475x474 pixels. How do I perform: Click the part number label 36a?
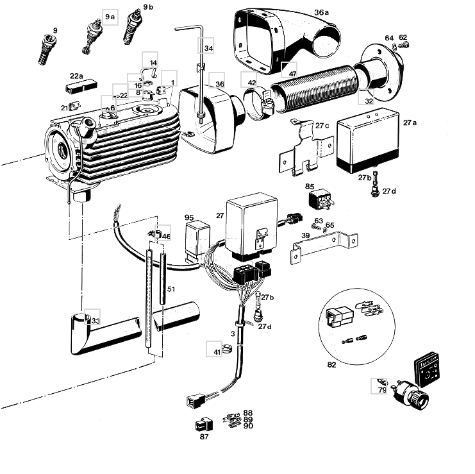pyautogui.click(x=321, y=12)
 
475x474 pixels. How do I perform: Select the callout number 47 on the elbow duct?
pyautogui.click(x=292, y=74)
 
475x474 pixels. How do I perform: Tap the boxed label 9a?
pyautogui.click(x=110, y=16)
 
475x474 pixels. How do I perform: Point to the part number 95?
pyautogui.click(x=189, y=217)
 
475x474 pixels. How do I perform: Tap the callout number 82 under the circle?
pyautogui.click(x=331, y=364)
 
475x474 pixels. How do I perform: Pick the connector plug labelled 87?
pyautogui.click(x=203, y=425)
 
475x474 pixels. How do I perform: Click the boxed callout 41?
pyautogui.click(x=217, y=351)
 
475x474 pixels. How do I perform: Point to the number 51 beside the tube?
pyautogui.click(x=171, y=289)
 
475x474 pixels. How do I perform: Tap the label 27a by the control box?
pyautogui.click(x=410, y=121)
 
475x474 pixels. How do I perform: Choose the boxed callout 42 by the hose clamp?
pyautogui.click(x=251, y=83)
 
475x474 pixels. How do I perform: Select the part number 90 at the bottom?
pyautogui.click(x=248, y=426)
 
